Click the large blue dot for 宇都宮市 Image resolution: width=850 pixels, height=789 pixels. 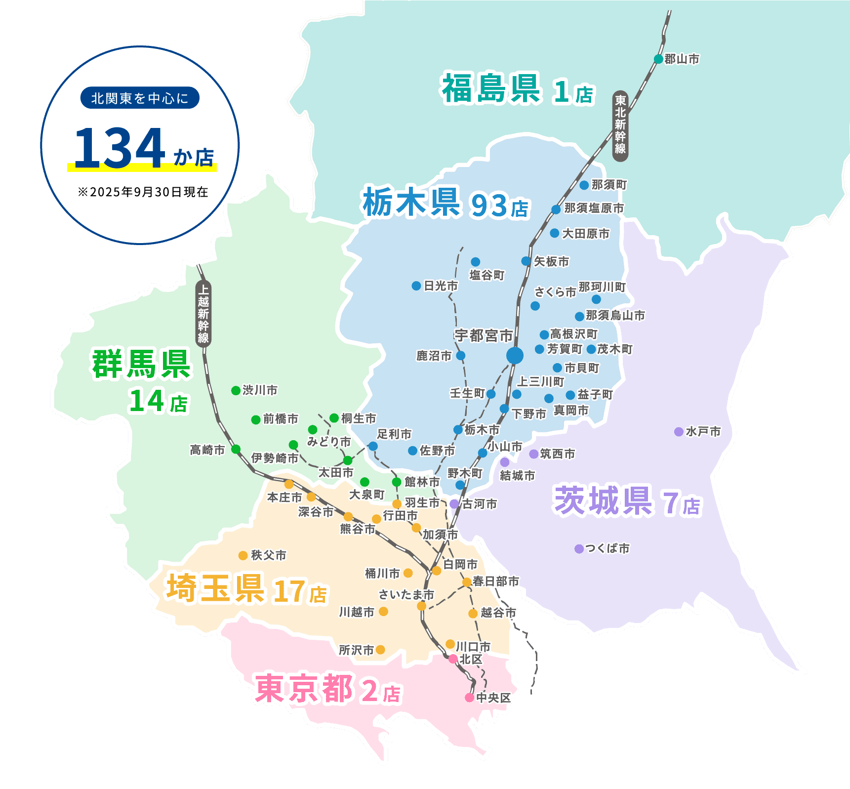[x=515, y=355]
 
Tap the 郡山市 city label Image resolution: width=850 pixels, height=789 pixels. [x=682, y=59]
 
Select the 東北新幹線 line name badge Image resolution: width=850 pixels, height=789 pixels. [x=620, y=126]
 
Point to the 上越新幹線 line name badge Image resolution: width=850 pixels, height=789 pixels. [x=203, y=314]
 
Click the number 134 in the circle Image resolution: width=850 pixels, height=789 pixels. [x=120, y=148]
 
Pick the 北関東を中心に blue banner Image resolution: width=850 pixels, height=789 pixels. [x=140, y=98]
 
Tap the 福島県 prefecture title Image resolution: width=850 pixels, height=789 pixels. [x=490, y=89]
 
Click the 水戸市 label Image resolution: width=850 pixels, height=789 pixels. [x=703, y=432]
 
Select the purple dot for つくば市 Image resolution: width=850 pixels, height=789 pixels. [x=579, y=549]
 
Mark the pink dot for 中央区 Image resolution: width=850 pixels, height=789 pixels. [x=469, y=698]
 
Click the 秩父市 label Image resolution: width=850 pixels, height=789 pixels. [x=268, y=555]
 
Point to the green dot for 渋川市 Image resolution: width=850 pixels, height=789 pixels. [x=236, y=390]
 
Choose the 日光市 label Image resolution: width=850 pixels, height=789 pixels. [x=441, y=286]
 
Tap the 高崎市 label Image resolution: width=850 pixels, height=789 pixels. [x=207, y=450]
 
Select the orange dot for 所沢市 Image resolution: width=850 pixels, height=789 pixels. [x=380, y=650]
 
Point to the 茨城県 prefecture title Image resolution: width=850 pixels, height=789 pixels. [x=604, y=500]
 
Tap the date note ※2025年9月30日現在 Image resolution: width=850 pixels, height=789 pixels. [x=143, y=192]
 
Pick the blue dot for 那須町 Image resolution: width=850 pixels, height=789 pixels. [x=584, y=185]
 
